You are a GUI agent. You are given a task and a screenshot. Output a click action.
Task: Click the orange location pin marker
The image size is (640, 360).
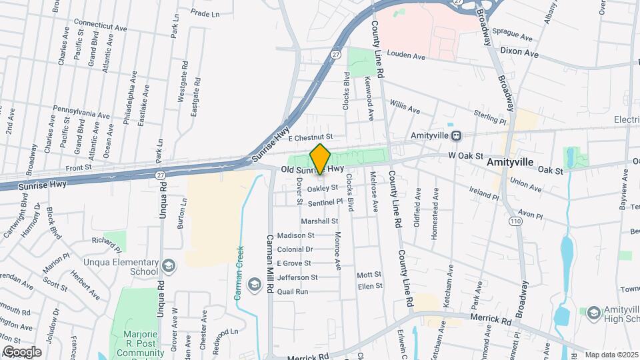[x=320, y=159]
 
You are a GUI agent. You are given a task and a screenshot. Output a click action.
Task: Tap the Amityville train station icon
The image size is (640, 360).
[x=456, y=135]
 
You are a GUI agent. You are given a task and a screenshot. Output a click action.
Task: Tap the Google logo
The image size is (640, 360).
[x=22, y=351]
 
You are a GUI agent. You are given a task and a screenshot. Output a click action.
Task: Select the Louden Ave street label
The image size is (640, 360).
[x=405, y=57]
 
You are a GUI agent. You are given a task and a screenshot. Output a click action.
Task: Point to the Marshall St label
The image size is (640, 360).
[x=320, y=221]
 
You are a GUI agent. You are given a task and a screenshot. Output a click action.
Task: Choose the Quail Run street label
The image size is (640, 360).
[x=293, y=291]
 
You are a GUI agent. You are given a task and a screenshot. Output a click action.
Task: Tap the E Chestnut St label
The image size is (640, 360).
[x=310, y=137]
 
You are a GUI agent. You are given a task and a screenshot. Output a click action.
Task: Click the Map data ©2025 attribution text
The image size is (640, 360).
[x=611, y=355]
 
